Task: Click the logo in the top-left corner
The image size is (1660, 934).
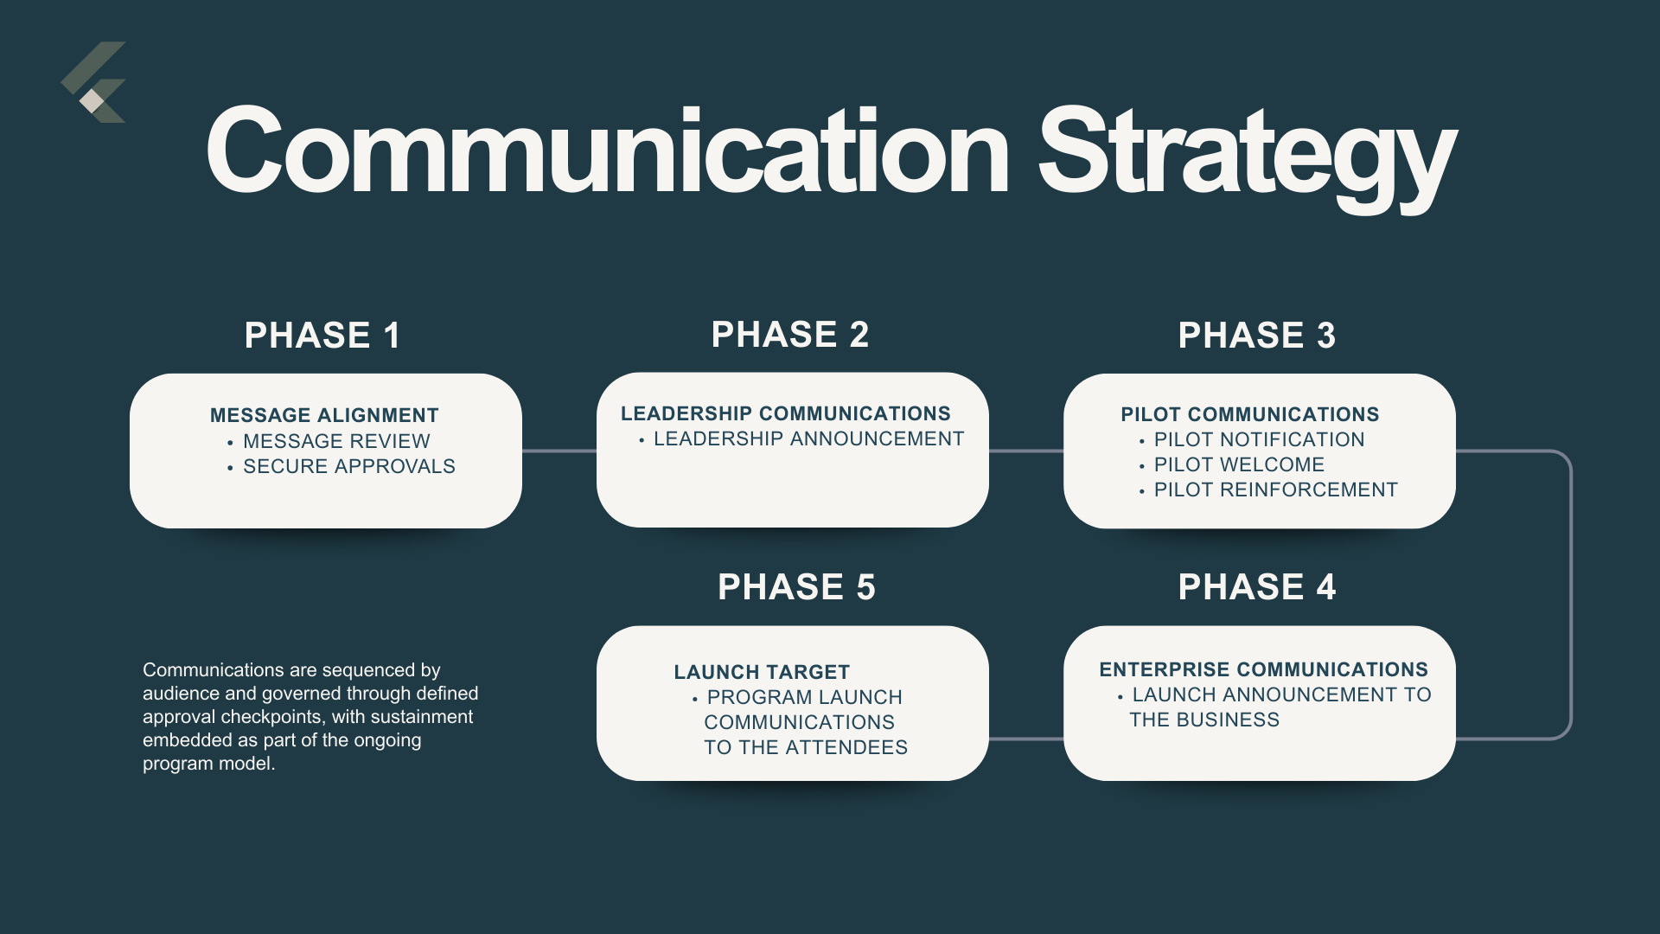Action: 93,83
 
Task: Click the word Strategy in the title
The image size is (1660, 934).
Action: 1247,154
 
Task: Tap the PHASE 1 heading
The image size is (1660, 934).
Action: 322,336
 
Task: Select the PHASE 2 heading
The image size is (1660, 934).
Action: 789,335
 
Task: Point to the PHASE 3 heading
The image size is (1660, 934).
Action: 1256,336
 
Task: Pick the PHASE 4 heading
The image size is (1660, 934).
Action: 1256,587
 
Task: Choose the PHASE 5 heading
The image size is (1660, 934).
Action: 796,587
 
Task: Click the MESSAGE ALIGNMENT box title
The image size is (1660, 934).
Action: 324,415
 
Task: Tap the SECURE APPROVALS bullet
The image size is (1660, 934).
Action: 348,466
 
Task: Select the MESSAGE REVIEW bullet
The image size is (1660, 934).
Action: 336,441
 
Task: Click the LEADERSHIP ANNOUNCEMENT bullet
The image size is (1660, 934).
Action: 808,438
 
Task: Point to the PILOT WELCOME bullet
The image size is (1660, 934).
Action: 1239,464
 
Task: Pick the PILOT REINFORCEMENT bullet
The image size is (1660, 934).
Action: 1275,489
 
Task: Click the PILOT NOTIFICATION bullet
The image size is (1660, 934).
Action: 1259,439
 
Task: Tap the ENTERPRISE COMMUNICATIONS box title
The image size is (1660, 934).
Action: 1263,669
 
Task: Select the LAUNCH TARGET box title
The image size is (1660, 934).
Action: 762,672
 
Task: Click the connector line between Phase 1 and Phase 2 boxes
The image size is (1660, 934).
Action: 559,451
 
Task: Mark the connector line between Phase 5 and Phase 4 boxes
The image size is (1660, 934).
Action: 1026,739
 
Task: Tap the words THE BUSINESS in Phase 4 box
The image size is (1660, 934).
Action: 1203,720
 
